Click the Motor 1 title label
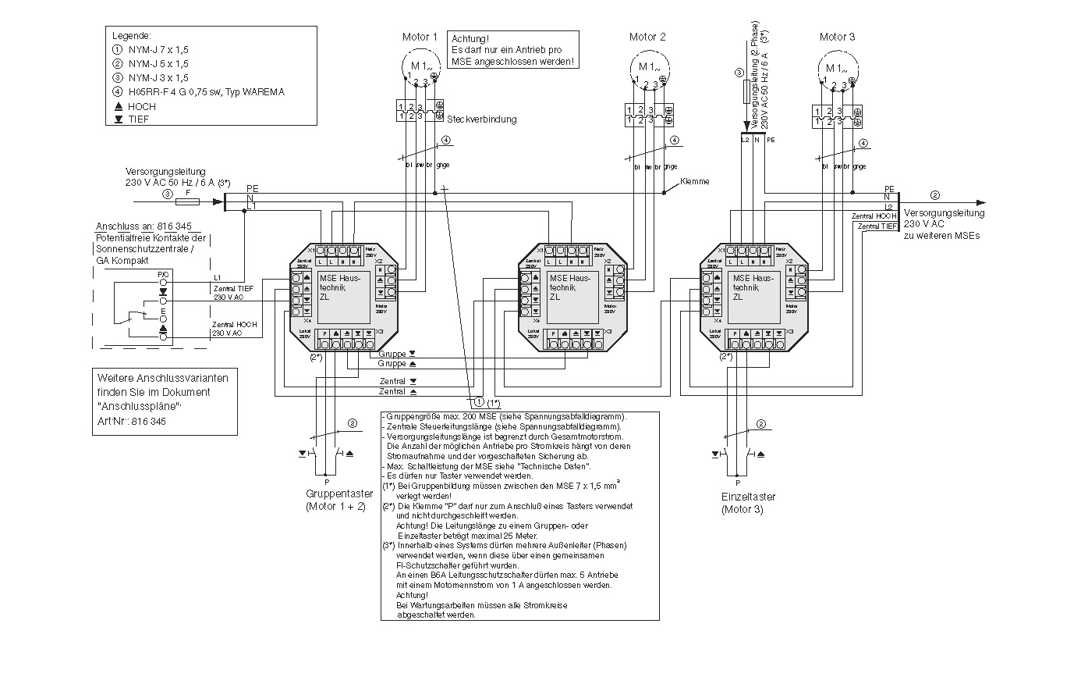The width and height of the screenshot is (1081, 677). [420, 37]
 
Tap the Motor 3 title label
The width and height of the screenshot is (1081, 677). [838, 37]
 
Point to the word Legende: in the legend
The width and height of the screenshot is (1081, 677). [132, 36]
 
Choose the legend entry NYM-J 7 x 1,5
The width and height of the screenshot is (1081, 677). [158, 50]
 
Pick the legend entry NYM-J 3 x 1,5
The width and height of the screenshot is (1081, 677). [158, 78]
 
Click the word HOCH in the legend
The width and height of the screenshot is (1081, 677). [142, 106]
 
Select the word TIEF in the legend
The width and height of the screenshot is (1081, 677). [139, 119]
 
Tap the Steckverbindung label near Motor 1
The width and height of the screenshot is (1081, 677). [481, 119]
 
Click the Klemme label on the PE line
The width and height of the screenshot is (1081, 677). [694, 181]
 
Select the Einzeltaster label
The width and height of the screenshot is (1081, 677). [749, 497]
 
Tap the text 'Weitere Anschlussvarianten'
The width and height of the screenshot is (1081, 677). [152, 377]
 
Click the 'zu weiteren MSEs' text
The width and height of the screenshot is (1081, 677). [942, 235]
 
